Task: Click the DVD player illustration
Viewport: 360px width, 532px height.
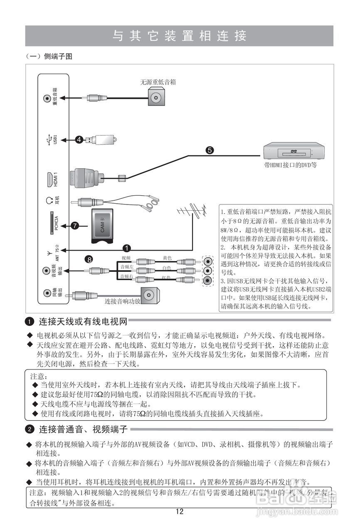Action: (x=294, y=150)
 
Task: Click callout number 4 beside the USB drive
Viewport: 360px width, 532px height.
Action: (x=79, y=140)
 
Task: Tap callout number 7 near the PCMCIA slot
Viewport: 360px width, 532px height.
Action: (x=75, y=226)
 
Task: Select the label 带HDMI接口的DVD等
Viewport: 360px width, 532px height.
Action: (x=293, y=165)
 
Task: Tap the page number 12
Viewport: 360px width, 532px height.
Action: (x=180, y=512)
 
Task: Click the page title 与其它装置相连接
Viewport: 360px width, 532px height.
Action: (x=180, y=36)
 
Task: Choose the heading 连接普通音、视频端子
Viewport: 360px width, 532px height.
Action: (x=83, y=429)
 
